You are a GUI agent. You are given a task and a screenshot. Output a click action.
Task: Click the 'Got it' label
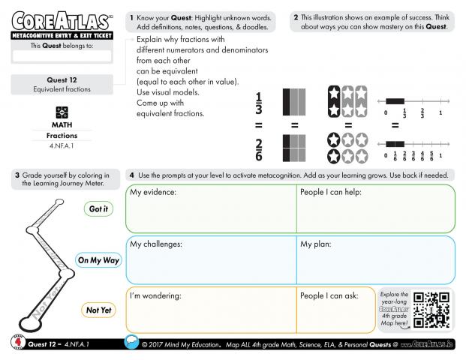(x=98, y=209)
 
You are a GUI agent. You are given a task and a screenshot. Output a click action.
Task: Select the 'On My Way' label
(x=98, y=260)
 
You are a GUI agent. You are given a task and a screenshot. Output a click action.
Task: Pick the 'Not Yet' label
(x=98, y=310)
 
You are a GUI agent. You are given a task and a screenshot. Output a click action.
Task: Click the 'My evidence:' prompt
(x=153, y=193)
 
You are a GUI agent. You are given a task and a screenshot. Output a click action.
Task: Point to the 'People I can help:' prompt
(x=331, y=193)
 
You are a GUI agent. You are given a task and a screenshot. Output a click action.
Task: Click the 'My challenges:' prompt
(x=156, y=244)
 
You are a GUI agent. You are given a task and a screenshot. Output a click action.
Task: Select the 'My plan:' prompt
(x=317, y=244)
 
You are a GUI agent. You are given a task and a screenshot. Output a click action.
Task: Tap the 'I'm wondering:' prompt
(x=155, y=295)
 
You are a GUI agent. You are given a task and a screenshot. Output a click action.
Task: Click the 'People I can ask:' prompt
(x=329, y=295)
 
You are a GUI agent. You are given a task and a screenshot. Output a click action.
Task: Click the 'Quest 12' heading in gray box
(x=62, y=79)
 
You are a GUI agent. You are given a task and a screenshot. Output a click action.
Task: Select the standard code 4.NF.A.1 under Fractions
(x=62, y=145)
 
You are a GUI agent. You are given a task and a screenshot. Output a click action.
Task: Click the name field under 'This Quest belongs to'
(x=62, y=56)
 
